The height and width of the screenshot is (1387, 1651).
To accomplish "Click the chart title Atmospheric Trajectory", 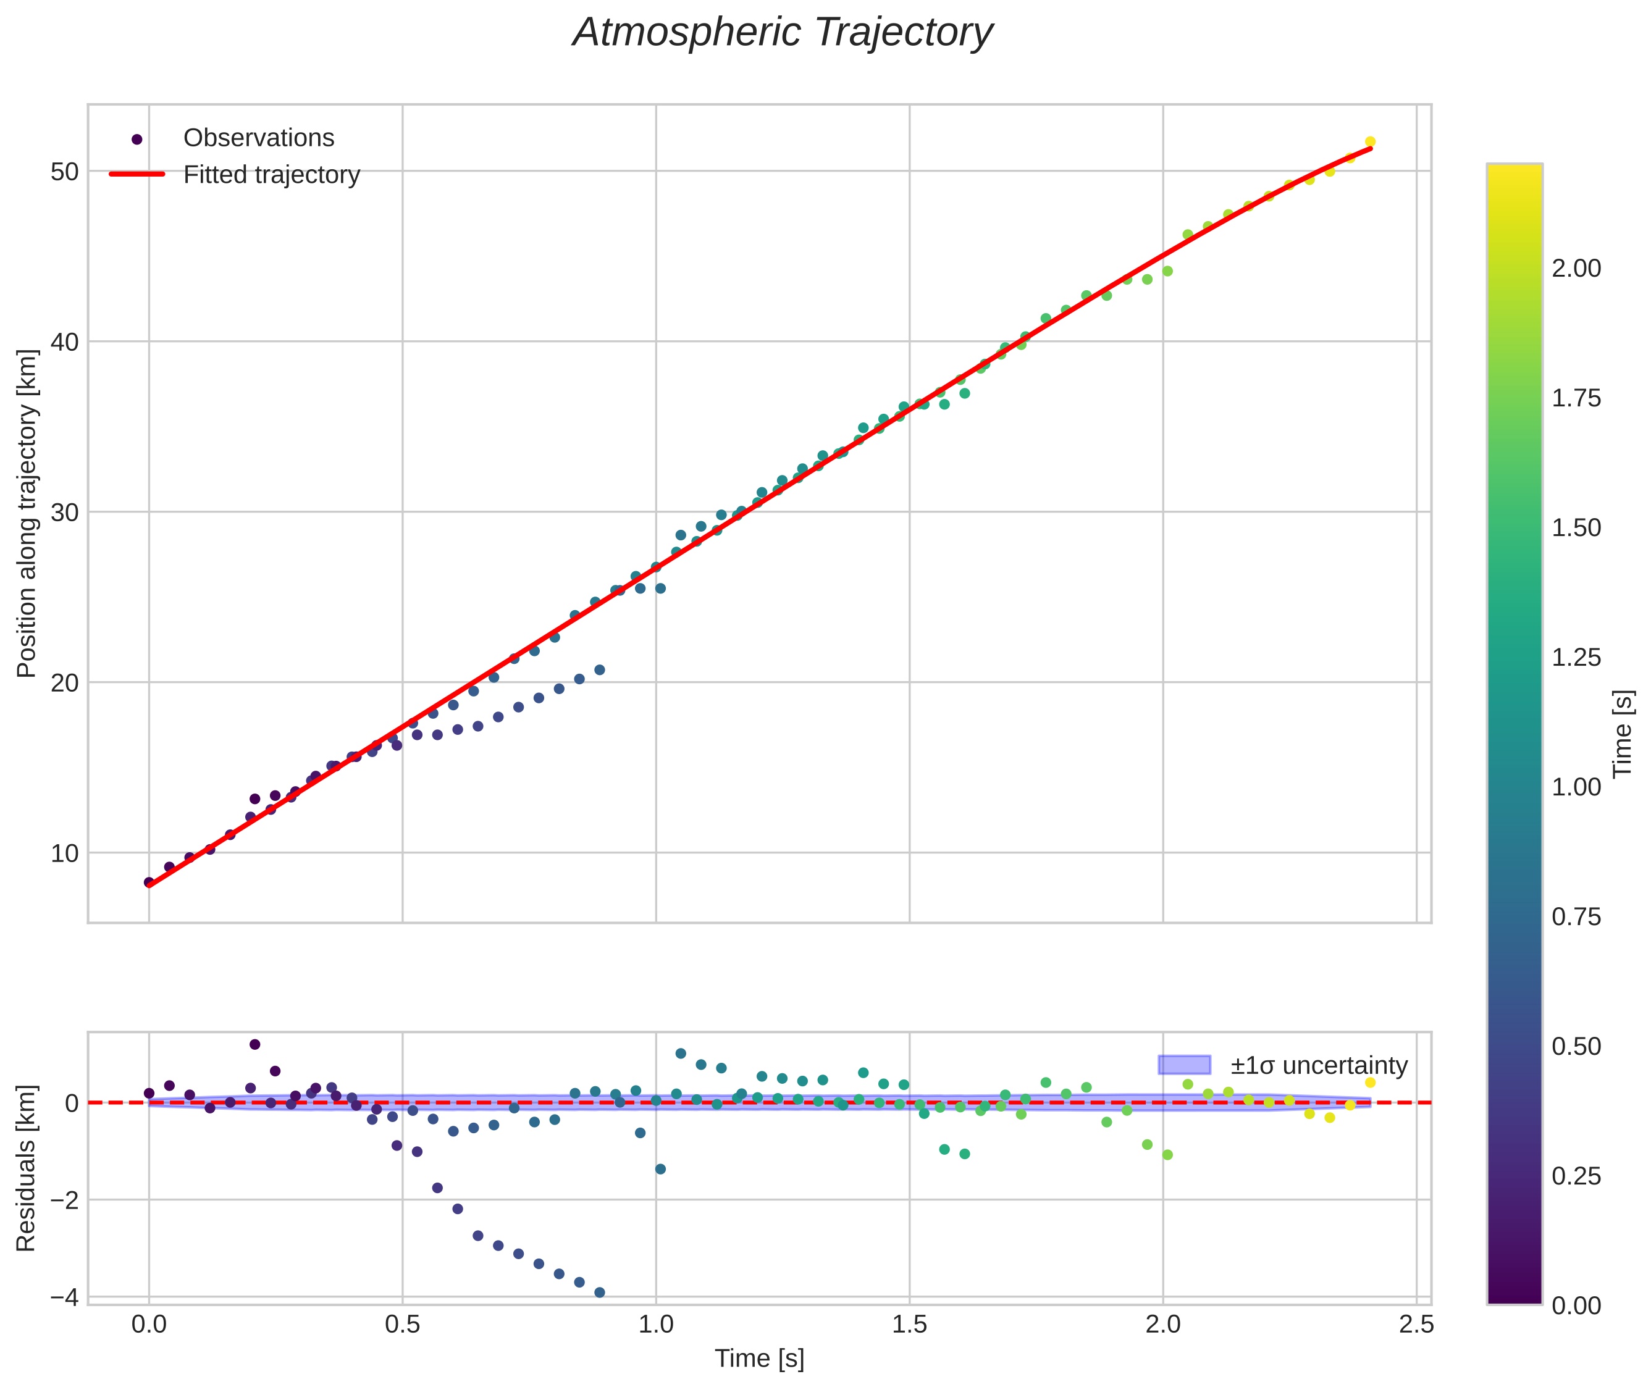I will (783, 33).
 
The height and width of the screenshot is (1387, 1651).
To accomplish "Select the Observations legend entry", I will (258, 138).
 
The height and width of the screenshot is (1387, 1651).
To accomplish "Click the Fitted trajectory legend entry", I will (271, 175).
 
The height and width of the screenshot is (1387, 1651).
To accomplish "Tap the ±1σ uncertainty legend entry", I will (1318, 1065).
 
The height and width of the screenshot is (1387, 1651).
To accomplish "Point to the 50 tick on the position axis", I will (64, 172).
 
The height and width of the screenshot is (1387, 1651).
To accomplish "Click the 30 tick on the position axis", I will (64, 513).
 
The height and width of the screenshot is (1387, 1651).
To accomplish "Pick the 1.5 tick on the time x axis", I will (909, 1325).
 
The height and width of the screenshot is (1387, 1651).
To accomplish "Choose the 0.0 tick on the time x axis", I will (149, 1325).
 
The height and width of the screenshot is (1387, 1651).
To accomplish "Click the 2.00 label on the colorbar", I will (1576, 269).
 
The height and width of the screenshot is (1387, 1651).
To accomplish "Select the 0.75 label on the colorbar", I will (1576, 918).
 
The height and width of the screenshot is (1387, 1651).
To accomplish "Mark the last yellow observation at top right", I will (1370, 141).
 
